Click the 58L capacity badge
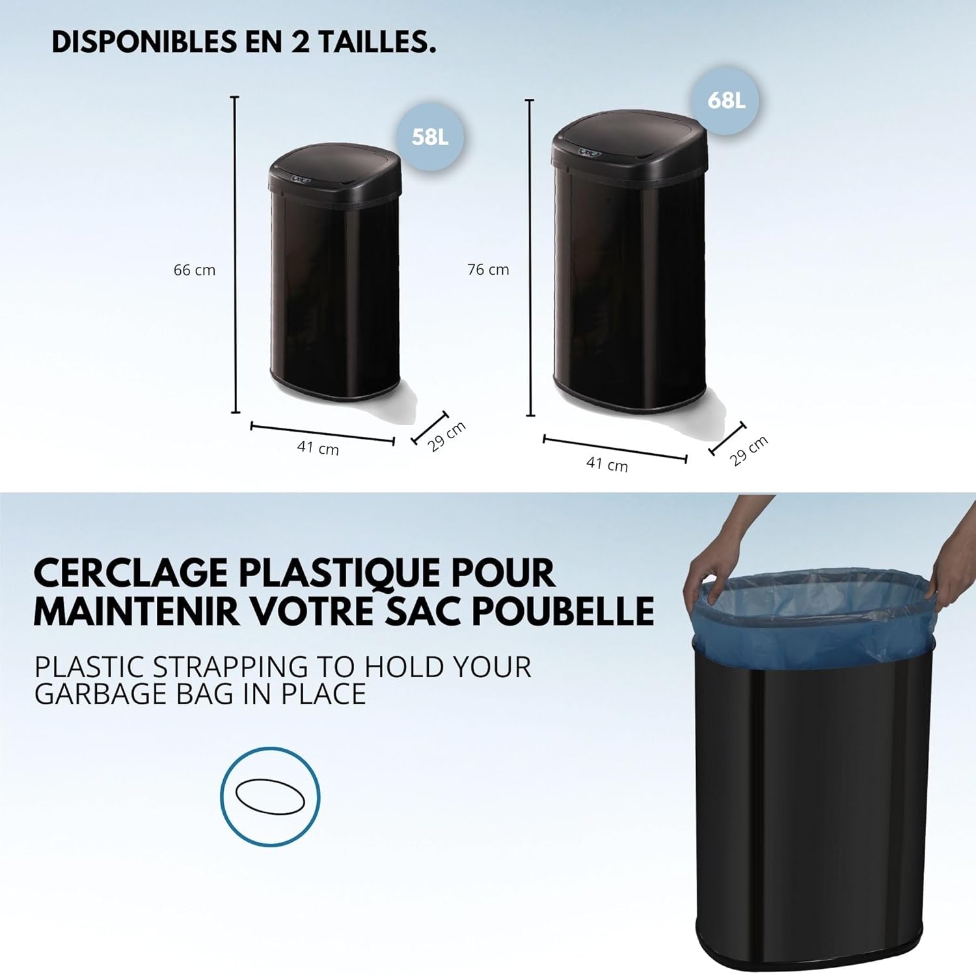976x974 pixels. click(x=430, y=137)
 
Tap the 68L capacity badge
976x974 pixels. click(x=726, y=101)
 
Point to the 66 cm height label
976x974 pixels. click(x=195, y=270)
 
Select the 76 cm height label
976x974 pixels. click(x=488, y=269)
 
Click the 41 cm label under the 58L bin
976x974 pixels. click(x=318, y=448)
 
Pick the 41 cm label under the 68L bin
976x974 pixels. click(x=607, y=464)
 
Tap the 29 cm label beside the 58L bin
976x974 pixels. click(x=448, y=436)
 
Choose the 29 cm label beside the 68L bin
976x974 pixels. click(x=749, y=451)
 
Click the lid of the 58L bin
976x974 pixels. click(x=335, y=170)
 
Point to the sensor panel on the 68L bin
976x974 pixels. click(x=590, y=152)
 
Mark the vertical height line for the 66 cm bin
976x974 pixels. click(x=236, y=255)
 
